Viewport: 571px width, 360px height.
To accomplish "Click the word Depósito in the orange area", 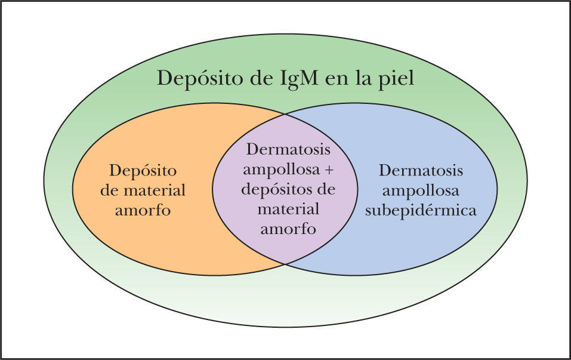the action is pyautogui.click(x=143, y=170).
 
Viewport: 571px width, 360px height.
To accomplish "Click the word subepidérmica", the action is pyautogui.click(x=430, y=210).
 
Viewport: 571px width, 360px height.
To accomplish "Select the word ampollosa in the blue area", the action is pyautogui.click(x=421, y=190).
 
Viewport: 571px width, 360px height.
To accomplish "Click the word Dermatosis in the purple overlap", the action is pyautogui.click(x=288, y=149).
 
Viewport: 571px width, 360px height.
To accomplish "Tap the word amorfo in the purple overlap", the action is pyautogui.click(x=286, y=229).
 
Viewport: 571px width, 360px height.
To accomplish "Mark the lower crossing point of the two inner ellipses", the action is pyautogui.click(x=285, y=263).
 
